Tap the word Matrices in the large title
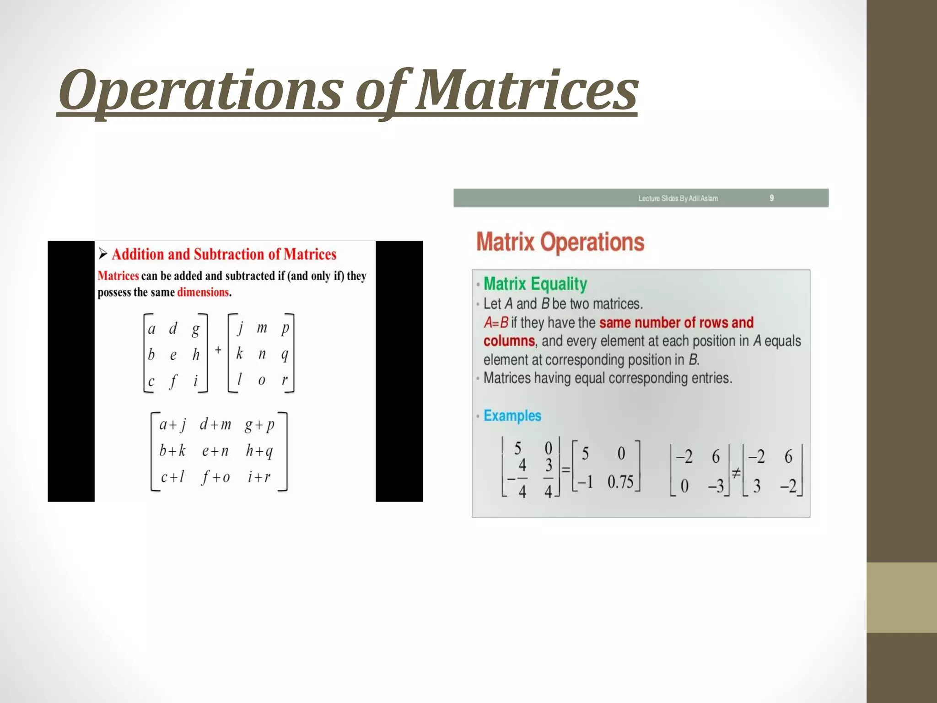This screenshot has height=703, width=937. tap(526, 91)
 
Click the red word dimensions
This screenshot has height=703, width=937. tap(203, 292)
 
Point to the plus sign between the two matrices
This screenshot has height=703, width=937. tap(218, 350)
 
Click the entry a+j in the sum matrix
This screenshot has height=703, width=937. tap(172, 425)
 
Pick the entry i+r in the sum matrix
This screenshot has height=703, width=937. tap(259, 477)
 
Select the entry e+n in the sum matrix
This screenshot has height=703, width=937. tap(215, 451)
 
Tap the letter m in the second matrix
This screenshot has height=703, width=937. tap(262, 328)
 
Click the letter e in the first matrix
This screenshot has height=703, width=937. tap(173, 355)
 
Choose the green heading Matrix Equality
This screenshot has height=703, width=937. tap(535, 284)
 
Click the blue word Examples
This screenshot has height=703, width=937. tap(512, 416)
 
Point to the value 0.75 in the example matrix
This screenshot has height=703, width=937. tap(620, 482)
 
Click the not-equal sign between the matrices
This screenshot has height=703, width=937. tap(736, 474)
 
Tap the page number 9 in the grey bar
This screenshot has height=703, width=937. tap(771, 198)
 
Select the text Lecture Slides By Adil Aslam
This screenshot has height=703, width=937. tap(678, 199)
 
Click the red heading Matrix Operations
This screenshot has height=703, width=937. tap(560, 242)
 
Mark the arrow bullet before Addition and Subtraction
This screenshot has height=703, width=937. tap(103, 254)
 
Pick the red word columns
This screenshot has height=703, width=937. tap(509, 341)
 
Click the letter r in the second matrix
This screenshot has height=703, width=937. tap(285, 380)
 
